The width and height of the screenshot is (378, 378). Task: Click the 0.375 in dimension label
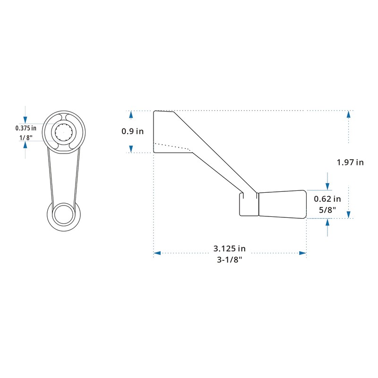point(26,128)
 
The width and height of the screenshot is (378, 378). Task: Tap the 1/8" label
point(26,137)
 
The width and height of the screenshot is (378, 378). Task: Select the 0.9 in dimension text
point(133,131)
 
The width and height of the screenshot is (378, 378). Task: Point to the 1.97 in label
point(350,163)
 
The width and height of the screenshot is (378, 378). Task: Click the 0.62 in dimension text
point(327,199)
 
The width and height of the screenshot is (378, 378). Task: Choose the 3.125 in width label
point(230,248)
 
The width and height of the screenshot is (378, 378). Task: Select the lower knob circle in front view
point(63,215)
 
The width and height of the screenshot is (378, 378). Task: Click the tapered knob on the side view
point(282,204)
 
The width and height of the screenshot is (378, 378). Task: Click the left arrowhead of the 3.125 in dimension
point(157,253)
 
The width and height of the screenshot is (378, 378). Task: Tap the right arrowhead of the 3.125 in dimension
point(303,253)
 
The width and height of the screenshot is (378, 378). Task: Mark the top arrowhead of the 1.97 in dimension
point(348,114)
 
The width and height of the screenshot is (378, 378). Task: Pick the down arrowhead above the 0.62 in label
point(326,187)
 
